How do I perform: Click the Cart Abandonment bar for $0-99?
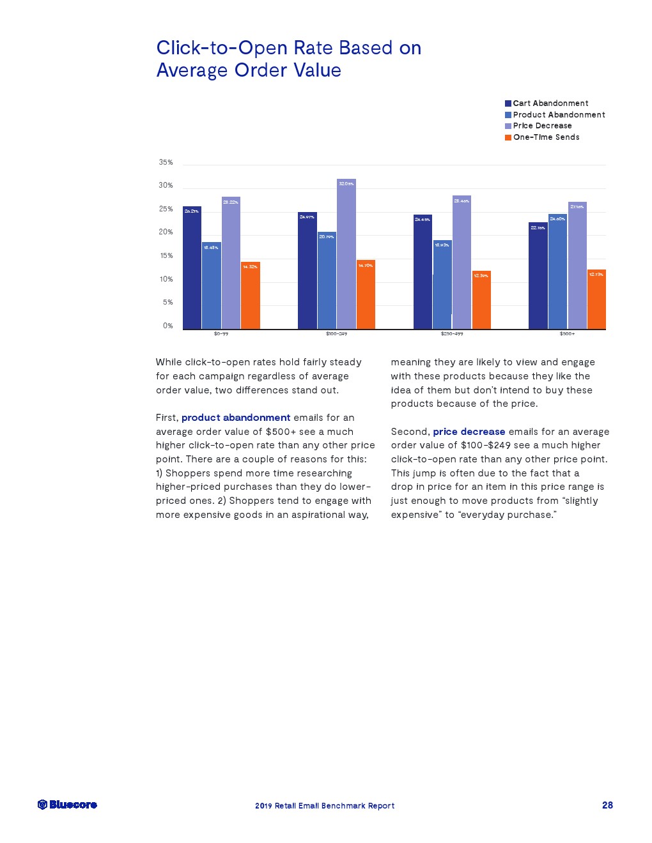(192, 268)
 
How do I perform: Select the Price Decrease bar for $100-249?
(346, 255)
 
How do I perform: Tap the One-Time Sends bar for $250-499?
(481, 300)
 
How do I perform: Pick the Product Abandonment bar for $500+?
(557, 271)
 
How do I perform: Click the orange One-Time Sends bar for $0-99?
(251, 296)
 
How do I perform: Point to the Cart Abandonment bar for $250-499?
(423, 271)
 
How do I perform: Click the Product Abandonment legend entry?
(555, 115)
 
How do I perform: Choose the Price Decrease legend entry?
(538, 126)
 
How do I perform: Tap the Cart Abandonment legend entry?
(547, 103)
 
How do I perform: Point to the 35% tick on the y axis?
(166, 162)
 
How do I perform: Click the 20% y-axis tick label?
(166, 232)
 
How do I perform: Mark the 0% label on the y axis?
(167, 326)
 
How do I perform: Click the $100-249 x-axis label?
(336, 334)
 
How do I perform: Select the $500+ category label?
(567, 334)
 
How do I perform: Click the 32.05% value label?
(346, 184)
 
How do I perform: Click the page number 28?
(607, 805)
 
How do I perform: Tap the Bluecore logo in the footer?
(67, 805)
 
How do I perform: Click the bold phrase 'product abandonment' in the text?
(236, 418)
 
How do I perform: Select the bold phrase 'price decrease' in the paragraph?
(469, 432)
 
